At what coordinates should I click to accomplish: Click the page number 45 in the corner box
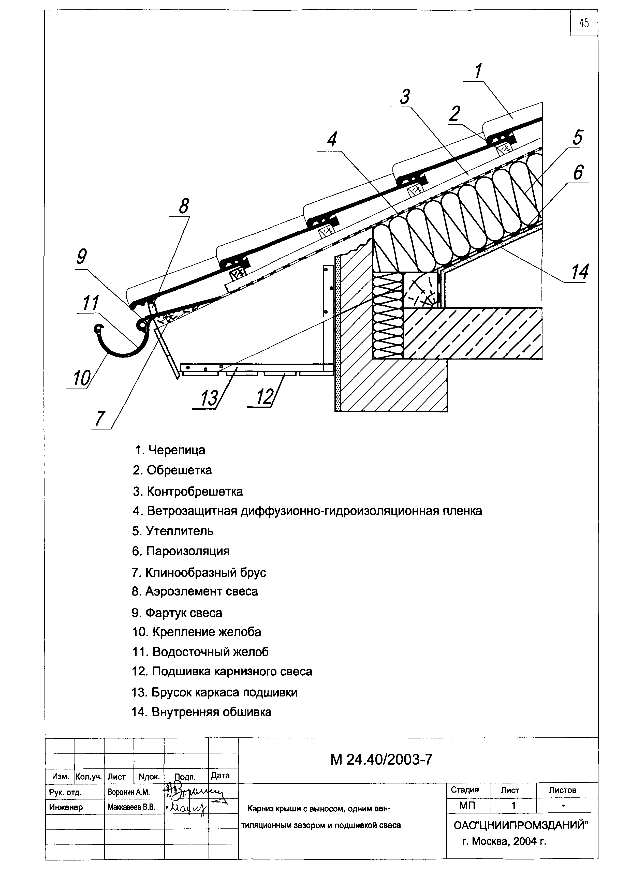click(x=584, y=23)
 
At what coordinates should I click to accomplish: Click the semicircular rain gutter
click(x=116, y=348)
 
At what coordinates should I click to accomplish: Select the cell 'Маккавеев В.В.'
click(x=131, y=807)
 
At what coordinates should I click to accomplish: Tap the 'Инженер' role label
click(x=66, y=807)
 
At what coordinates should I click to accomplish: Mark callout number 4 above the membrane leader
click(x=331, y=140)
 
